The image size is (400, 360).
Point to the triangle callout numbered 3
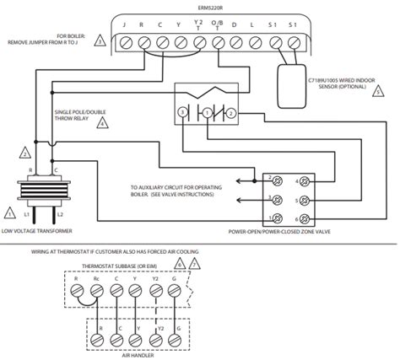[100, 40]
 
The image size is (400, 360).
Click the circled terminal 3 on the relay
[181, 111]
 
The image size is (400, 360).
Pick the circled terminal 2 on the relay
[230, 111]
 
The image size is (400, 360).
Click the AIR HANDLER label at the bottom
[140, 355]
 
